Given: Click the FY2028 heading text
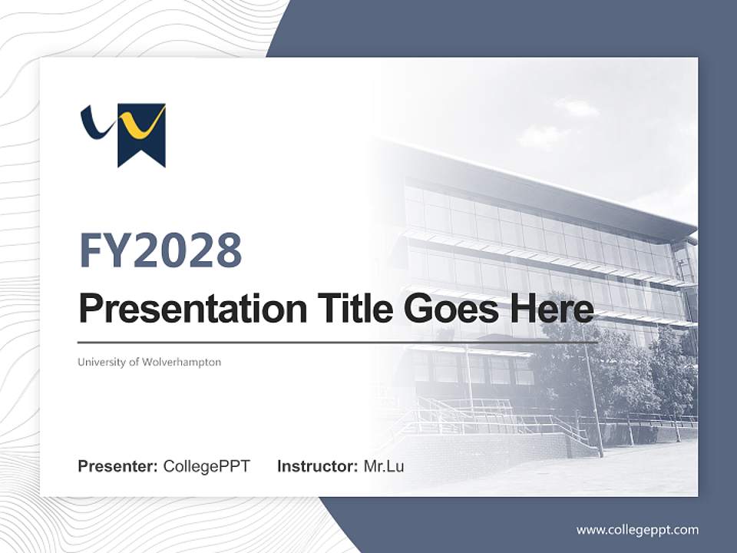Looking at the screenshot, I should point(160,250).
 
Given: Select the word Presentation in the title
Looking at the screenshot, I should point(182,310).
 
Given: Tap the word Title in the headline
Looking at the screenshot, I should point(341,310).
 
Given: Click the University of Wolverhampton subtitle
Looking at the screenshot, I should point(149,362).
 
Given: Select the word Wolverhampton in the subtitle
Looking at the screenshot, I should point(182,362).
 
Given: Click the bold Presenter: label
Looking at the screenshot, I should point(118,466).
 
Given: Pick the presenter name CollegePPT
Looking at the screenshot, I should point(207,466).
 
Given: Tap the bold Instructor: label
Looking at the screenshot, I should point(317,466).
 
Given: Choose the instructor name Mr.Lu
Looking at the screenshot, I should point(384,466).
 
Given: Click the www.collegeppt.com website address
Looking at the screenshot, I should point(637,529).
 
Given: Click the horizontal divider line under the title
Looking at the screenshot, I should point(338,343).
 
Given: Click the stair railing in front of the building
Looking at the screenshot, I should point(491,419).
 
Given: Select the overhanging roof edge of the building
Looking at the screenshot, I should point(553,188).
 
